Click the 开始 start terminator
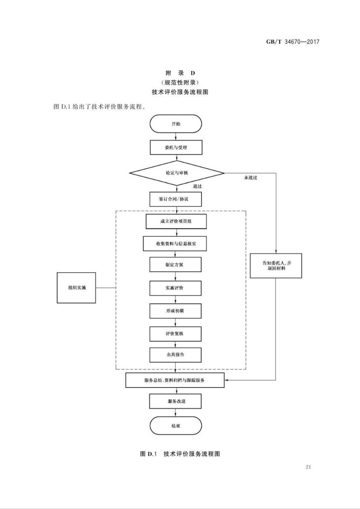175,124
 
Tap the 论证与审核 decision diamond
176,173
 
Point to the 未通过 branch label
251,178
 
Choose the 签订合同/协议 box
175,198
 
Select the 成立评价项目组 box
175,221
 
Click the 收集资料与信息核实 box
175,243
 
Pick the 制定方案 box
175,265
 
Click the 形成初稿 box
175,311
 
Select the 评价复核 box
175,333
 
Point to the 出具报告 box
175,355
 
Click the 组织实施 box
76,287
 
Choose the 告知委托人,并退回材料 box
276,266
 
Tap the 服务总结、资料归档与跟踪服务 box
175,380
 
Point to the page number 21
308,467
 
